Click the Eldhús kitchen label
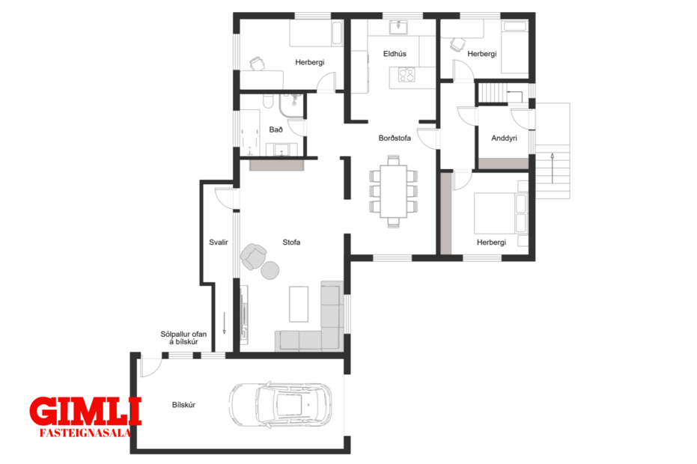pos(395,54)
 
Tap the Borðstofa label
pos(395,138)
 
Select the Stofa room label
pos(292,242)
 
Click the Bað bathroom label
pos(276,130)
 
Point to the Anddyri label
pos(504,138)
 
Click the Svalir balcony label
pos(219,242)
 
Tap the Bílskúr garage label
pos(183,405)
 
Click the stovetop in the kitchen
pos(407,75)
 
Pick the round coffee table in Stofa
pos(270,270)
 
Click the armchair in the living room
pos(253,257)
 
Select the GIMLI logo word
pos(85,412)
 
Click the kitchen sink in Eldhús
pos(398,28)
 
